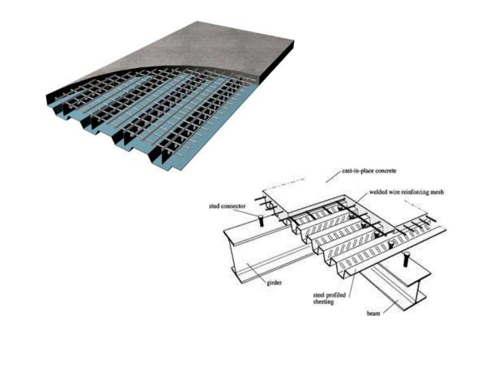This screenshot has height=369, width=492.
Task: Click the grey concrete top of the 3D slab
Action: click(202, 53)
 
